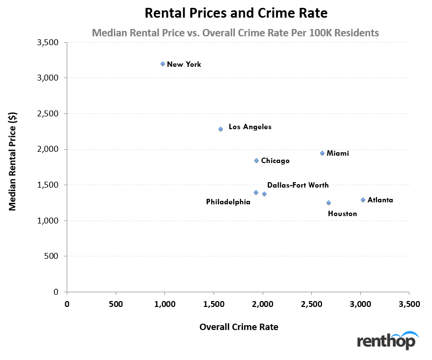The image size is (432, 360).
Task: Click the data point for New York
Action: click(x=162, y=64)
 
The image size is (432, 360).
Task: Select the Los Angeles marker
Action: click(x=220, y=129)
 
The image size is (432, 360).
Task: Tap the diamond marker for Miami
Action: click(x=322, y=153)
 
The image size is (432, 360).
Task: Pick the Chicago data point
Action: click(x=256, y=161)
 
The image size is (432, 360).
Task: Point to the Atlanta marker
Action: click(x=363, y=200)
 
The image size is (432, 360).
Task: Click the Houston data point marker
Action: click(x=328, y=202)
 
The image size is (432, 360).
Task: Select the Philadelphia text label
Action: click(x=228, y=202)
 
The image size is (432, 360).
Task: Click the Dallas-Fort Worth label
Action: click(x=298, y=185)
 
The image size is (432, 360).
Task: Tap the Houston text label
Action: click(x=342, y=214)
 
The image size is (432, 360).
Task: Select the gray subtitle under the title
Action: click(x=235, y=33)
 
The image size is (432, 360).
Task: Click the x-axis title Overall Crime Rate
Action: click(x=239, y=327)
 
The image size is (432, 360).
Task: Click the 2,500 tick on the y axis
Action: click(x=48, y=113)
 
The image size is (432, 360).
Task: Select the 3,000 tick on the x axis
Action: click(x=360, y=304)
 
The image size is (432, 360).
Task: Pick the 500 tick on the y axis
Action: click(x=53, y=256)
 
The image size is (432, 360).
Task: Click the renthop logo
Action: click(x=387, y=340)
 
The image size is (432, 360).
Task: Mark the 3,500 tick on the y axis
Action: click(x=48, y=43)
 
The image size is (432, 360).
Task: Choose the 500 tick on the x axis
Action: click(x=116, y=304)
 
